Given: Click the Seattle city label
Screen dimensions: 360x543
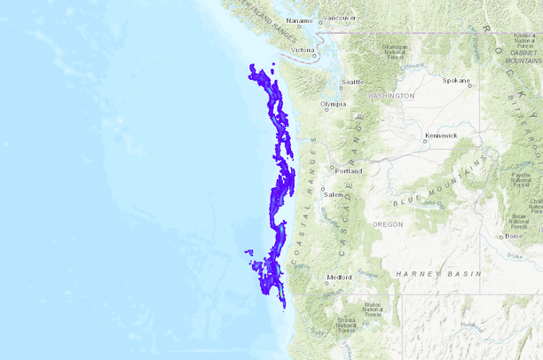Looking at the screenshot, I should click(x=352, y=82).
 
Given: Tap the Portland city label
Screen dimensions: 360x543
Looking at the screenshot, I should click(x=348, y=170).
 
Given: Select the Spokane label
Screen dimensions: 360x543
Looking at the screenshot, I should click(x=457, y=80).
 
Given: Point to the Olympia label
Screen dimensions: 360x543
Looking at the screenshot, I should click(x=333, y=104).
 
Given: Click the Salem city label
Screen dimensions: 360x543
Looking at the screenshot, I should click(x=333, y=194).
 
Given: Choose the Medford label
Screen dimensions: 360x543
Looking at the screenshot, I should click(x=340, y=277).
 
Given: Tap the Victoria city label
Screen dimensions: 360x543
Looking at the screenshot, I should click(x=303, y=50).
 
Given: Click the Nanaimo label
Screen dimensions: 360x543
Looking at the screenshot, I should click(x=300, y=20).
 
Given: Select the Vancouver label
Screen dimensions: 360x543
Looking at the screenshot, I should click(x=340, y=17).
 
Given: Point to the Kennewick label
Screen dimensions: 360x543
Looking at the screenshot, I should click(x=441, y=136).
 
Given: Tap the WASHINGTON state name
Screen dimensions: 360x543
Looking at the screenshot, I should click(x=390, y=95).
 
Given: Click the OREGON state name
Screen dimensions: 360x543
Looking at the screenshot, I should click(x=387, y=224).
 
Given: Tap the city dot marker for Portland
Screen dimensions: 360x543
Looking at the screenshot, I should click(x=333, y=168).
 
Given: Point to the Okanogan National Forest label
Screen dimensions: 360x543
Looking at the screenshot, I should click(x=394, y=51).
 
